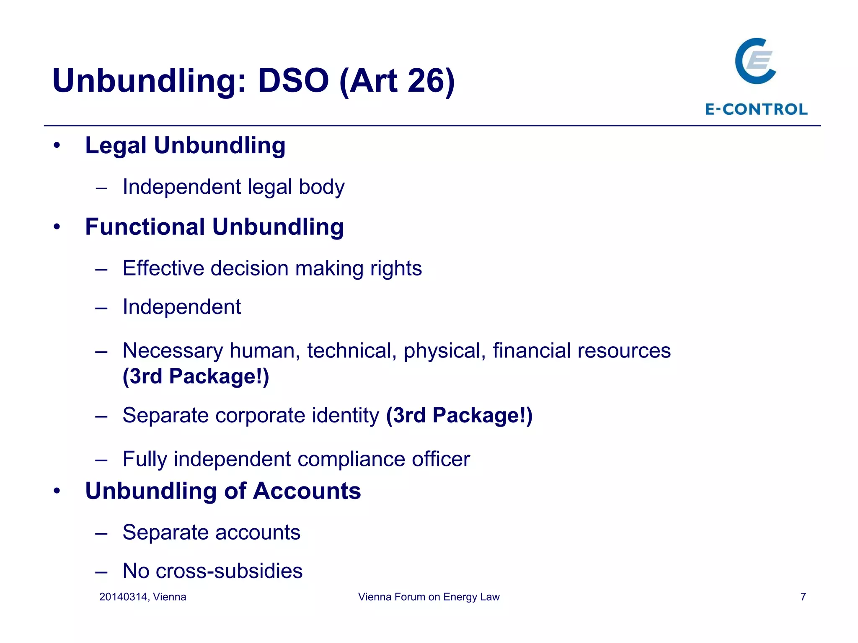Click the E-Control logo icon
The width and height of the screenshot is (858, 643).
pyautogui.click(x=755, y=61)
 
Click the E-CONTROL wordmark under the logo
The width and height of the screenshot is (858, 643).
pyautogui.click(x=756, y=109)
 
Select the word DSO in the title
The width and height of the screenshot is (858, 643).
pyautogui.click(x=293, y=80)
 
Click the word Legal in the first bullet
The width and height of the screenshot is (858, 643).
pyautogui.click(x=116, y=146)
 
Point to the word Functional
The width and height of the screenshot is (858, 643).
pyautogui.click(x=145, y=227)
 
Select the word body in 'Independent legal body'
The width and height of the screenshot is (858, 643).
pyautogui.click(x=321, y=187)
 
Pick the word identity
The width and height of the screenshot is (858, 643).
pyautogui.click(x=345, y=415)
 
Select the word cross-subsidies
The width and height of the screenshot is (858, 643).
pyautogui.click(x=229, y=571)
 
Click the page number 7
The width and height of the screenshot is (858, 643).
pyautogui.click(x=803, y=597)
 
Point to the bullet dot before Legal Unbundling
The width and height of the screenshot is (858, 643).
pyautogui.click(x=57, y=146)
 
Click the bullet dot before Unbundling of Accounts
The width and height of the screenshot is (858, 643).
pyautogui.click(x=57, y=491)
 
